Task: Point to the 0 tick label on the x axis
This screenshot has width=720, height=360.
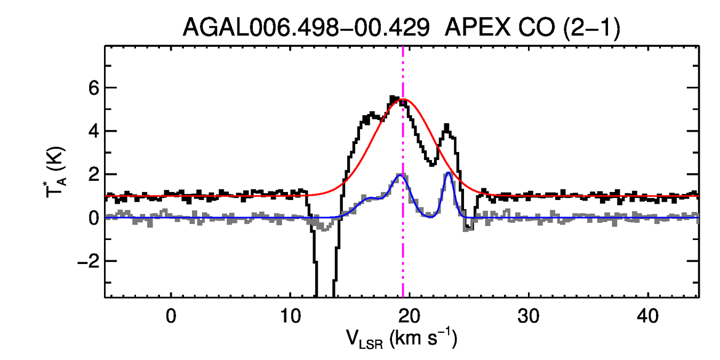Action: (171, 316)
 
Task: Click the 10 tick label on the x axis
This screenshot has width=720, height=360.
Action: (290, 316)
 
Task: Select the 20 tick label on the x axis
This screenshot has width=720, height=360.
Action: (409, 316)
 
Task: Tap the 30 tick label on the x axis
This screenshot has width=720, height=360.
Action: (528, 316)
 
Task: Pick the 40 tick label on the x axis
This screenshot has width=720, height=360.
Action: (647, 316)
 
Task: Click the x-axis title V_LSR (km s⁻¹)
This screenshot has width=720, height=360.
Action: (403, 339)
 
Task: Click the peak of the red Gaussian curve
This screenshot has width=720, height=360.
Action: (405, 100)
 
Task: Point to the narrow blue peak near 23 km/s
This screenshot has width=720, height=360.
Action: (449, 173)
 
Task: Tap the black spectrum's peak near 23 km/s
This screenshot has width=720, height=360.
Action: (446, 126)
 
